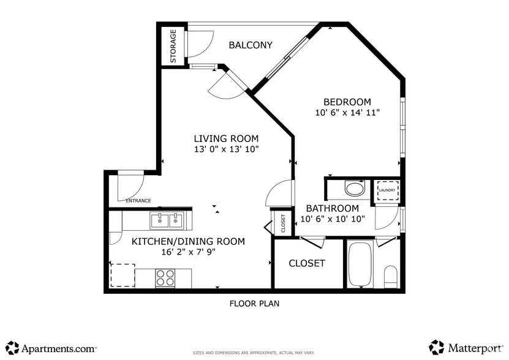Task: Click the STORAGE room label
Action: click(173, 47)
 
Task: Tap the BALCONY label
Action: click(250, 45)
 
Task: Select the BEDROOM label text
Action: click(347, 102)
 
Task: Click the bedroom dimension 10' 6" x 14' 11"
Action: click(347, 113)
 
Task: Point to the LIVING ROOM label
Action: click(226, 138)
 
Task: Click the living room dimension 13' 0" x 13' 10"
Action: click(226, 149)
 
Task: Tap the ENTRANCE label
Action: click(138, 201)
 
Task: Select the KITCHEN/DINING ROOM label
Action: click(188, 241)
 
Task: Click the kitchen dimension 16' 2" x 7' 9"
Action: click(188, 252)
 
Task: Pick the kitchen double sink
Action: click(167, 219)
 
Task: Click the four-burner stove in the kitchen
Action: click(165, 278)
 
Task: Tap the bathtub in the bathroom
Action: click(360, 264)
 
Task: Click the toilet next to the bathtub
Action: click(391, 276)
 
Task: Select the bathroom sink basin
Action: click(354, 187)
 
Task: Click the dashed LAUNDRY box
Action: click(386, 190)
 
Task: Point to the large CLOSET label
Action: click(307, 263)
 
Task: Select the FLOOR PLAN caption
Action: click(254, 303)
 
